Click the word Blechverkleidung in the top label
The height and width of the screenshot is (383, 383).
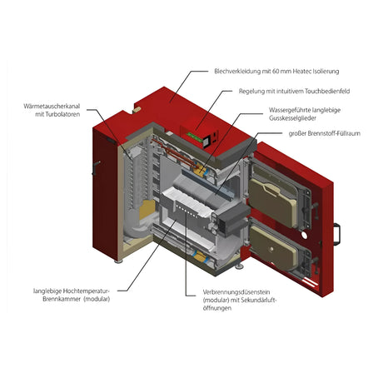[x=237, y=72]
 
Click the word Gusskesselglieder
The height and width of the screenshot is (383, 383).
[x=300, y=120]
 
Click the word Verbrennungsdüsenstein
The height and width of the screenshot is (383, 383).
[x=237, y=291]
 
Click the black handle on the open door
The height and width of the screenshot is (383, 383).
[x=339, y=231]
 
